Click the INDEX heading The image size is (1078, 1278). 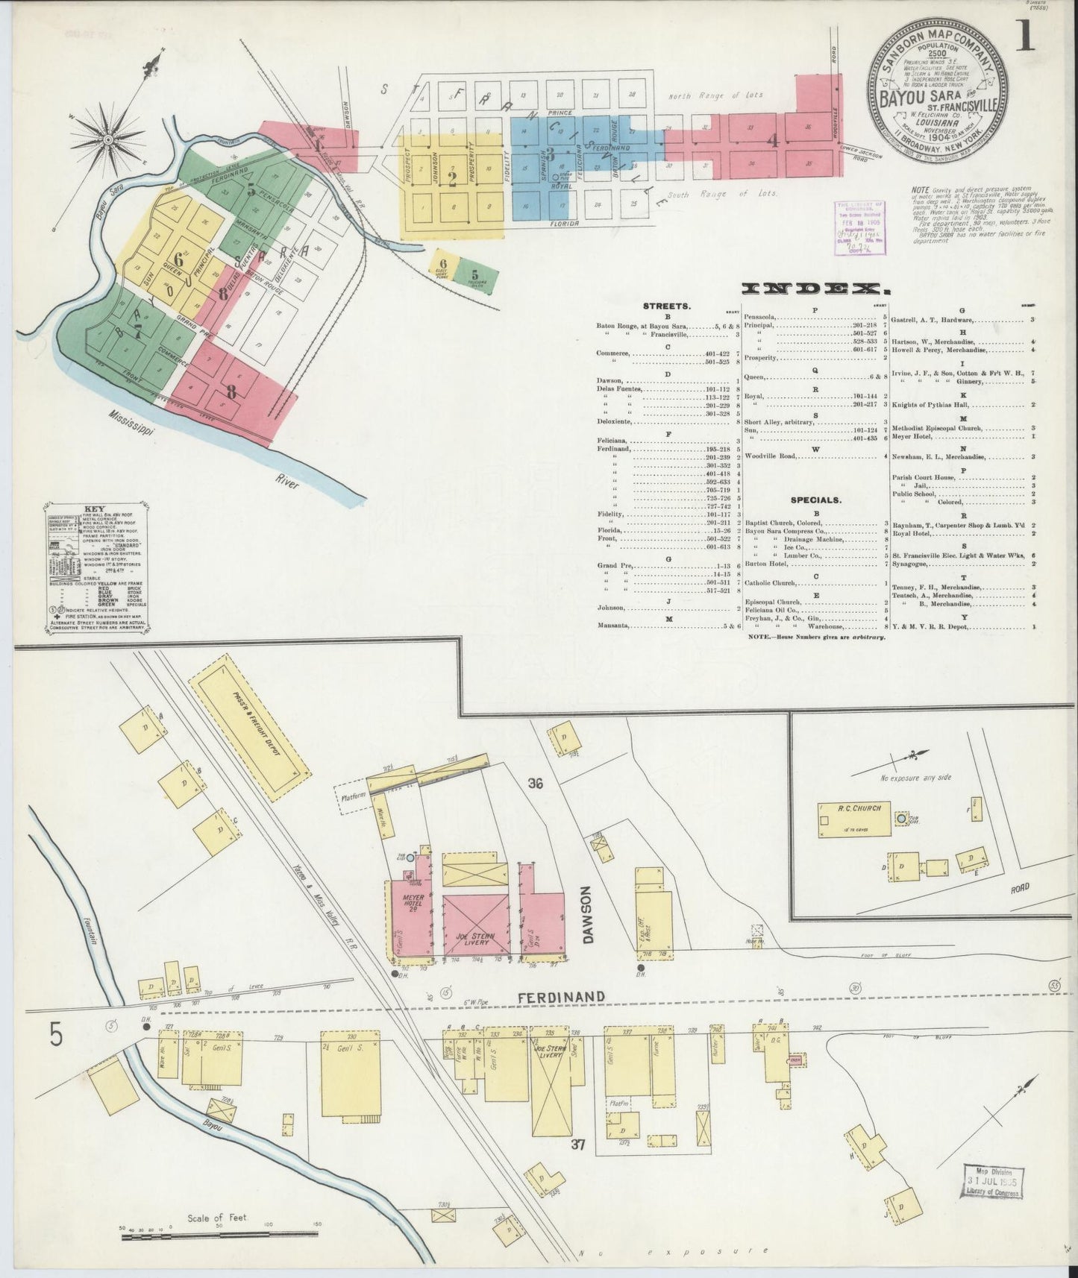pos(806,289)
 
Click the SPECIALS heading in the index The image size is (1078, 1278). pos(817,500)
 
